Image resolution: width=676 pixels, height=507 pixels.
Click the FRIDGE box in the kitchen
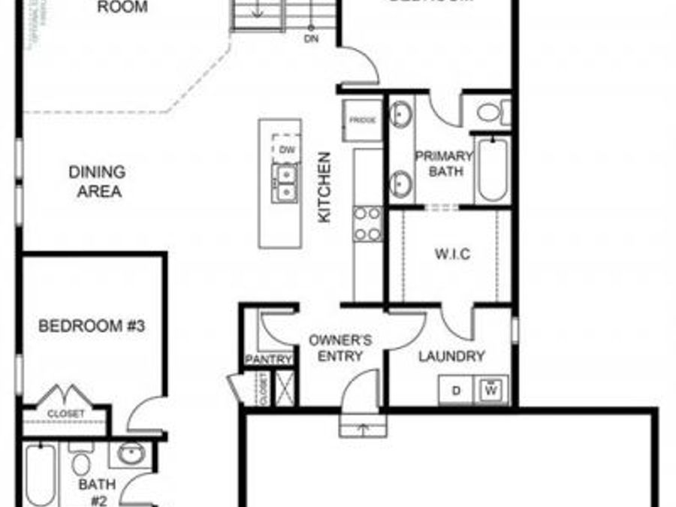click(363, 119)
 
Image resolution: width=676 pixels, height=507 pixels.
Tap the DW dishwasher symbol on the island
click(285, 149)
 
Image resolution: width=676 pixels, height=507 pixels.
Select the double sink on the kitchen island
click(285, 183)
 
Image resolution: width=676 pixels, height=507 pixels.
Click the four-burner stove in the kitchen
click(368, 224)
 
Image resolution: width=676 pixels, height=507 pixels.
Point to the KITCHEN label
click(324, 188)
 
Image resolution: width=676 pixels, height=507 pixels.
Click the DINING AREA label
click(97, 182)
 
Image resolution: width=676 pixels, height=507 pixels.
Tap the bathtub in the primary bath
click(492, 168)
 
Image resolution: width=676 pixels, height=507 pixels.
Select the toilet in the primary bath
click(489, 113)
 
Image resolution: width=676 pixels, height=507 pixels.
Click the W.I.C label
click(452, 254)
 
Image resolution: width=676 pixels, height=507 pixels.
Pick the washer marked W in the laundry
click(492, 389)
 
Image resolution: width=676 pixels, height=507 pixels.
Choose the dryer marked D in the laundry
click(456, 390)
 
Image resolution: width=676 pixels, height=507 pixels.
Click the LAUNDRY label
click(452, 356)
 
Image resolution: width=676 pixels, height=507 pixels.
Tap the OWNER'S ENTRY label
click(340, 348)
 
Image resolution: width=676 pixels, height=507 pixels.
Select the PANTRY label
click(268, 361)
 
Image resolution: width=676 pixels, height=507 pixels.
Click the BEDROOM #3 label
click(92, 326)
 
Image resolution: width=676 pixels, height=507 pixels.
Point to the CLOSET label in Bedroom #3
click(66, 414)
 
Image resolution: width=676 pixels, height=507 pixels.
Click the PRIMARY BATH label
click(444, 164)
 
